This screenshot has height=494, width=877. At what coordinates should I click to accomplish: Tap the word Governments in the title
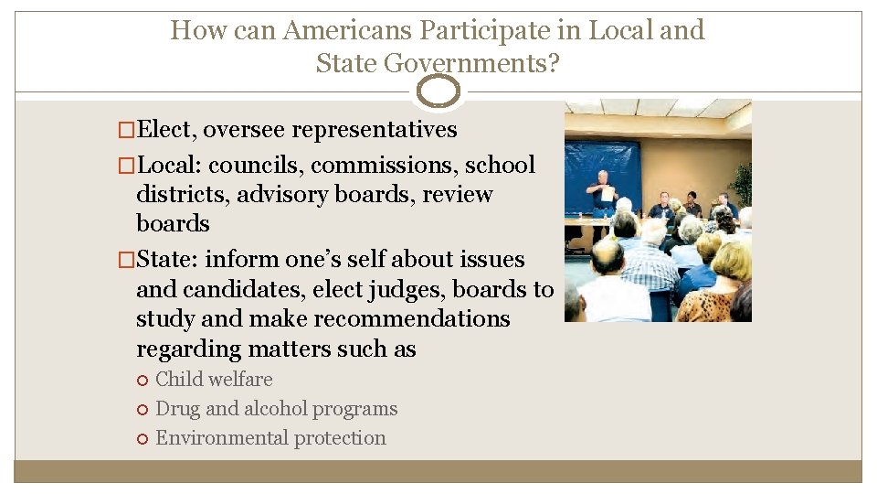coord(470,63)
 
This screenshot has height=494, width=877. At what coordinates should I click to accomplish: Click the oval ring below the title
coord(438,91)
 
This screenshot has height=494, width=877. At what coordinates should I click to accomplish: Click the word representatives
coord(382,130)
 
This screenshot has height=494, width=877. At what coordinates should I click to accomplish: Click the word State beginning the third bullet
coord(167,260)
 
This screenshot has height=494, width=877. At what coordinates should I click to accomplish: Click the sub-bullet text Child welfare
coord(214,380)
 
